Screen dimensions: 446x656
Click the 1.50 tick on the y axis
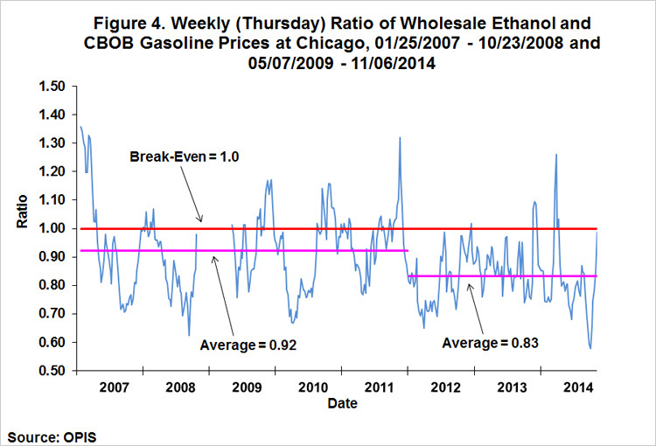click(52, 87)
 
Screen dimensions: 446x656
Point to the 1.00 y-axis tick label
click(52, 228)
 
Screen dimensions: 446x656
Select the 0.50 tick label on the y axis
click(52, 371)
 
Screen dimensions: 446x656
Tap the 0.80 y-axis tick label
click(52, 285)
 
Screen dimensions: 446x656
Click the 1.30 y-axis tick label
click(52, 143)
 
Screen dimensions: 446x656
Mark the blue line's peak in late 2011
click(400, 137)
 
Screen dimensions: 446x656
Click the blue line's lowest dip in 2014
click(590, 348)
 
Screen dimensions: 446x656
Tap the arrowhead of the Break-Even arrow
click(200, 223)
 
